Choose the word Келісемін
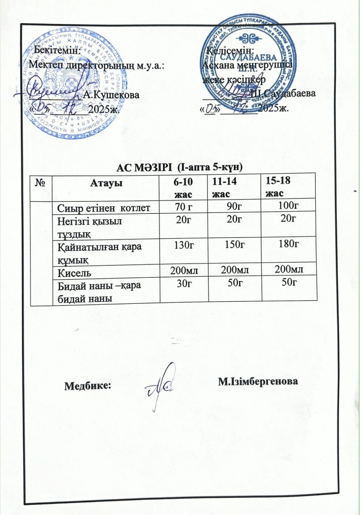click(231, 50)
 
